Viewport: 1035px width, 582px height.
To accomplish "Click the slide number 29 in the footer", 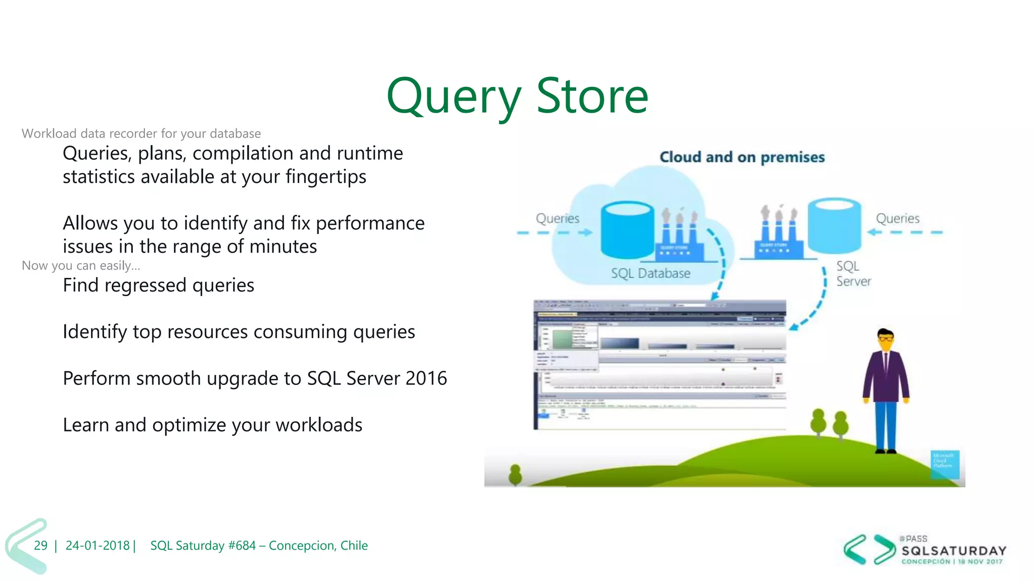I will click(40, 546).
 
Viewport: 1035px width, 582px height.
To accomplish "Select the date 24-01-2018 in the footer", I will click(98, 546).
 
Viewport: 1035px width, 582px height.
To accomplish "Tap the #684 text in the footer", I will click(242, 546).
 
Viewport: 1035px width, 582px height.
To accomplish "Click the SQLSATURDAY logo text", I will click(954, 551).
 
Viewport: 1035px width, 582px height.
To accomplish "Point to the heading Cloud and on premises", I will click(742, 157).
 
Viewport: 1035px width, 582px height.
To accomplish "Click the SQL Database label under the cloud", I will click(650, 273).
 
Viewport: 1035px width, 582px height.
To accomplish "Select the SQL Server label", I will click(853, 273).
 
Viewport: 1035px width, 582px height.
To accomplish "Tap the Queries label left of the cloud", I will click(557, 218).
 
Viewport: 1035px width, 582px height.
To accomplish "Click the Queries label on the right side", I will click(898, 218).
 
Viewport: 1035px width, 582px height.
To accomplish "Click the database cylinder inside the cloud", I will click(628, 230).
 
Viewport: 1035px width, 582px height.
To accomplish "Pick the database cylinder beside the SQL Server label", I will click(834, 225).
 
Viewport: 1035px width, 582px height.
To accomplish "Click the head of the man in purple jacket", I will click(885, 339).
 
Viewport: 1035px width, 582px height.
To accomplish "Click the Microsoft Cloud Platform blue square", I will click(945, 464).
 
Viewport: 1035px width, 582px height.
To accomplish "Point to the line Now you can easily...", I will click(81, 266).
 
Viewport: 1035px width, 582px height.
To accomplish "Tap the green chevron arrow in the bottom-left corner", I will click(25, 546).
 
